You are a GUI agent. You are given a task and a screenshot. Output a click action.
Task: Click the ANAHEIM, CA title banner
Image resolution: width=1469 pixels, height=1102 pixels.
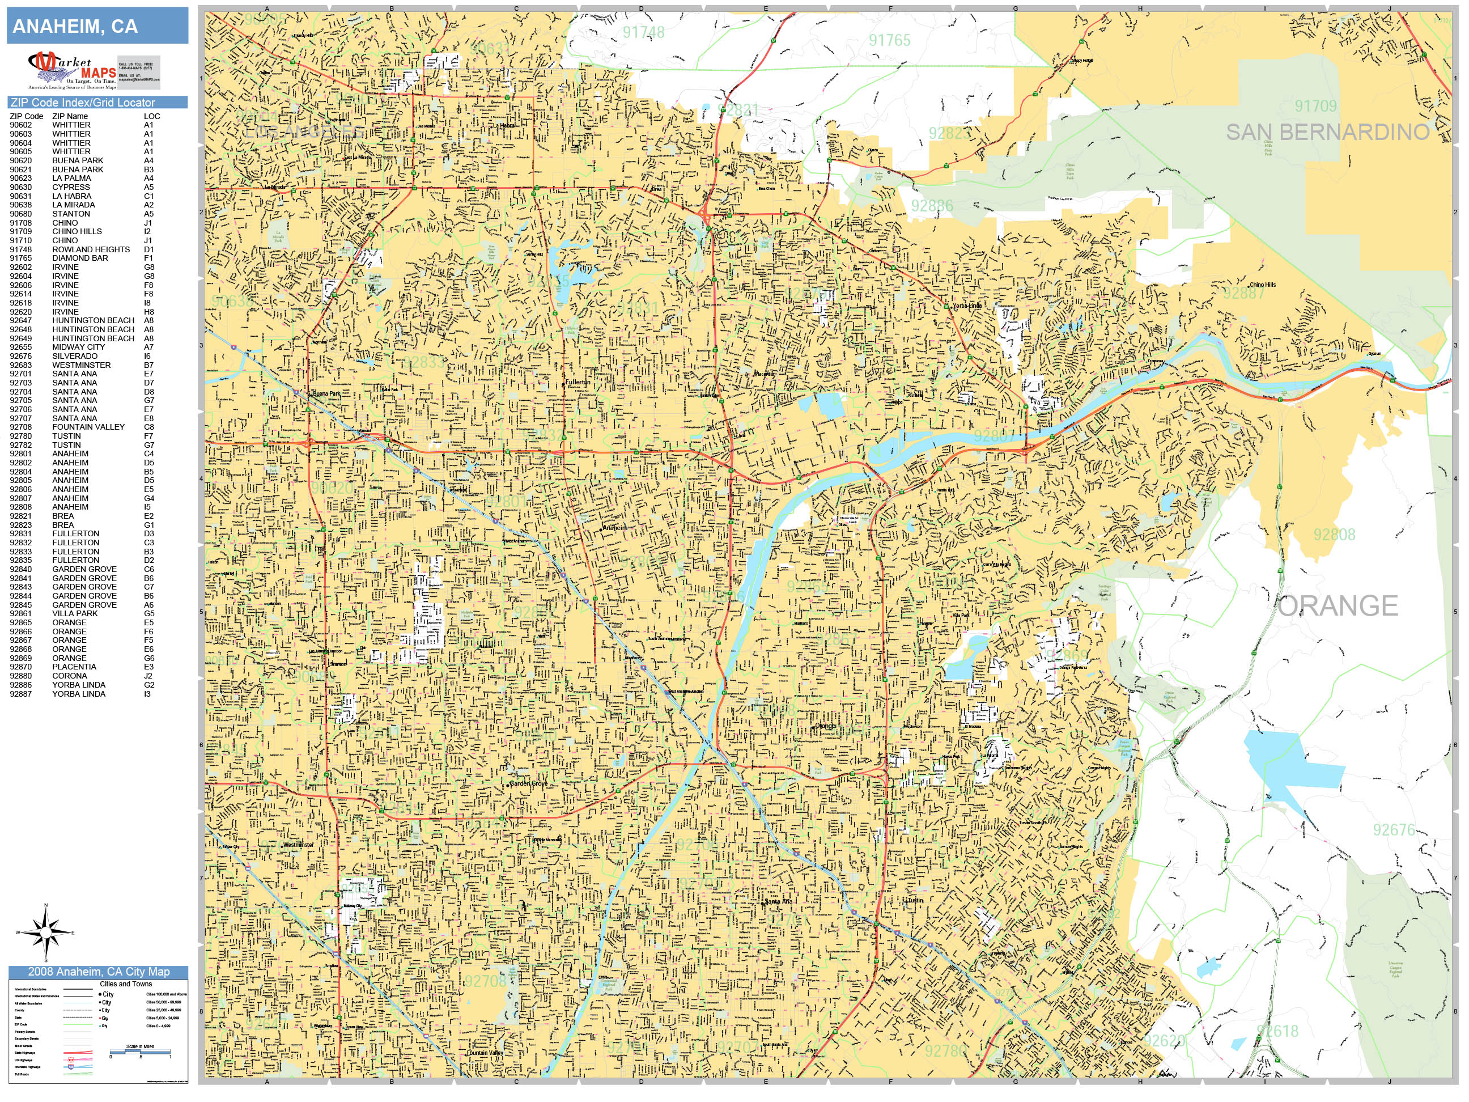[x=97, y=27]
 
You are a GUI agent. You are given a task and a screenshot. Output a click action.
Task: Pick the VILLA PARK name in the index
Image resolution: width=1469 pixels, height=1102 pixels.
[x=74, y=614]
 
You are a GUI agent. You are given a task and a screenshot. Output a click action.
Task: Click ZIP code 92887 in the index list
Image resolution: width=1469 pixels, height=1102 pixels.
[x=20, y=693]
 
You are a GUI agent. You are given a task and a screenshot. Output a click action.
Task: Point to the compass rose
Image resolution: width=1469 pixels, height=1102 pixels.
[x=46, y=933]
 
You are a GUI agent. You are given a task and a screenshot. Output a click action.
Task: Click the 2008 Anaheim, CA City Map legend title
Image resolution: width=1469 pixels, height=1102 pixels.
[x=98, y=972]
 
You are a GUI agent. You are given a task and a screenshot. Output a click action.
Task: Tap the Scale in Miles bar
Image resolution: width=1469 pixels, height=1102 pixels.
[x=140, y=1052]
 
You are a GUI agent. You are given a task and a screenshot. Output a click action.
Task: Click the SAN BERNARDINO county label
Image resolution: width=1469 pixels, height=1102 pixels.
[x=1327, y=132]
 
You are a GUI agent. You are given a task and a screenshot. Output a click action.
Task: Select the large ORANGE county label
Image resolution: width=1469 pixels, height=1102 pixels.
[x=1338, y=606]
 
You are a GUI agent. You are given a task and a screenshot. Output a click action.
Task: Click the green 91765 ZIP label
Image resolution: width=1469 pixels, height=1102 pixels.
[x=889, y=40]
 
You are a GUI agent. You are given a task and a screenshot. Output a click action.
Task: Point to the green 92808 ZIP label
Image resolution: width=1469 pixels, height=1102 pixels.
[x=1334, y=535]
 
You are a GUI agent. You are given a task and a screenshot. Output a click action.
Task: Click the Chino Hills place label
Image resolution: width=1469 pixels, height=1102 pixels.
[x=1262, y=285]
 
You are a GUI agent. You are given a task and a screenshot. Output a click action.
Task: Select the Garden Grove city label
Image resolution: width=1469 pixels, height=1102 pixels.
[x=529, y=784]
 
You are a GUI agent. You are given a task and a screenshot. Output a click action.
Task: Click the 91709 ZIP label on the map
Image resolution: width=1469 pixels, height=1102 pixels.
[x=1315, y=105]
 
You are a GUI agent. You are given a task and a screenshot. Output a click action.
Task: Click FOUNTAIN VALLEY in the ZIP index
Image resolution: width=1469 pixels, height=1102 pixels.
[x=88, y=427]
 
